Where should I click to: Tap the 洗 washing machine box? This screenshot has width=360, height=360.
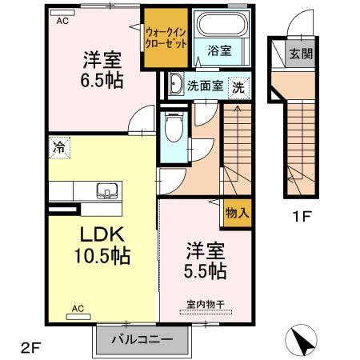point(239,85)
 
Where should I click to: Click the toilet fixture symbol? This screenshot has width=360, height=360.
point(172,125)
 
